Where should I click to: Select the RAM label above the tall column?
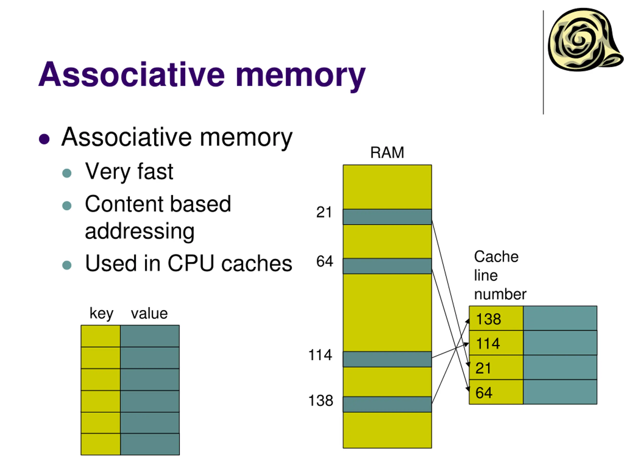(x=387, y=153)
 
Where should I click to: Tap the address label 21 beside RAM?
(x=324, y=212)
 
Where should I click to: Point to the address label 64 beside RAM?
(x=324, y=261)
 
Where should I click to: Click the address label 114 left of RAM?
(x=320, y=355)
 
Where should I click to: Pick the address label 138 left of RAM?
(x=321, y=400)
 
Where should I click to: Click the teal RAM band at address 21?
(x=387, y=217)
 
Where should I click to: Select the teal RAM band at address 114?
(x=387, y=359)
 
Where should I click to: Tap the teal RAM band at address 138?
(x=387, y=404)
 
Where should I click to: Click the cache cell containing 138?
(x=496, y=319)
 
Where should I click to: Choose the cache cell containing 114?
(x=496, y=343)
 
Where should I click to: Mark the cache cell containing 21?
(x=496, y=368)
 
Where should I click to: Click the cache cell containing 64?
(x=496, y=392)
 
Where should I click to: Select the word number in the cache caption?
(x=500, y=294)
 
